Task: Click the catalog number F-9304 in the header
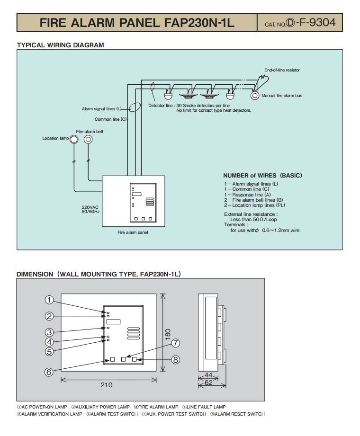(314, 23)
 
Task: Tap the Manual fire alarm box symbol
(255, 95)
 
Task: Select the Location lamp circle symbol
(74, 139)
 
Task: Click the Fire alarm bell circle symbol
(88, 139)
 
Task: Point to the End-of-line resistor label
(282, 70)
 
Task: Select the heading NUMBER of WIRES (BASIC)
(262, 175)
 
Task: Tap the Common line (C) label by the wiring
(110, 119)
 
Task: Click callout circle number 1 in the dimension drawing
(49, 300)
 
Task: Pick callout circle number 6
(49, 372)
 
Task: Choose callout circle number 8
(175, 360)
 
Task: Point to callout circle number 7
(175, 343)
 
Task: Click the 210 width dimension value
(107, 385)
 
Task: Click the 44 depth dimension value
(208, 375)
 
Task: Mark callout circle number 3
(49, 332)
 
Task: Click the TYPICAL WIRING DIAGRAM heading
(60, 45)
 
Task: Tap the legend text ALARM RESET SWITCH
(240, 414)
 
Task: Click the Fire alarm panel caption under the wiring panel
(133, 232)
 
